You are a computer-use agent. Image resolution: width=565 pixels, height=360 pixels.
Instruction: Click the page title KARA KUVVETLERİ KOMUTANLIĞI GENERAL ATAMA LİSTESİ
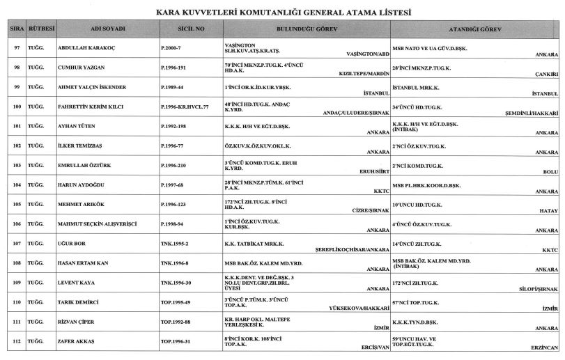click(282, 13)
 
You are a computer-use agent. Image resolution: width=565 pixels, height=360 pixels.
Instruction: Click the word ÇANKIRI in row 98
click(548, 73)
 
